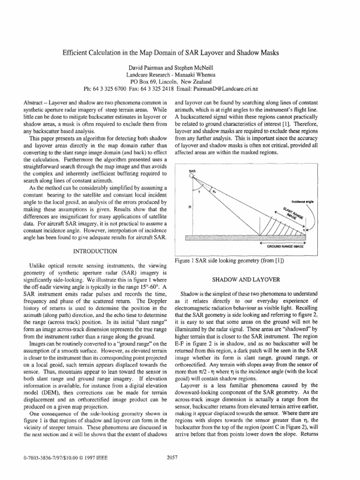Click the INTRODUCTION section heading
click(x=95, y=251)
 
